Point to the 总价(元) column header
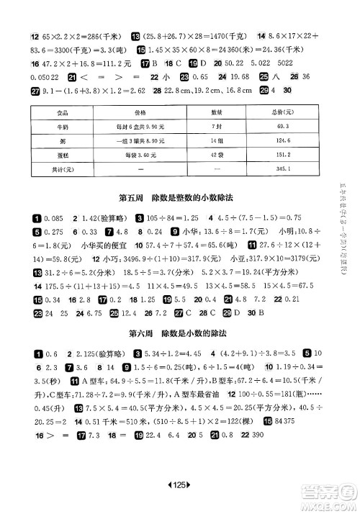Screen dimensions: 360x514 coord(272,113)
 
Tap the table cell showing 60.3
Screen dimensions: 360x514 coord(272,127)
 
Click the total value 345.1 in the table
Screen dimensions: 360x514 coord(272,168)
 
